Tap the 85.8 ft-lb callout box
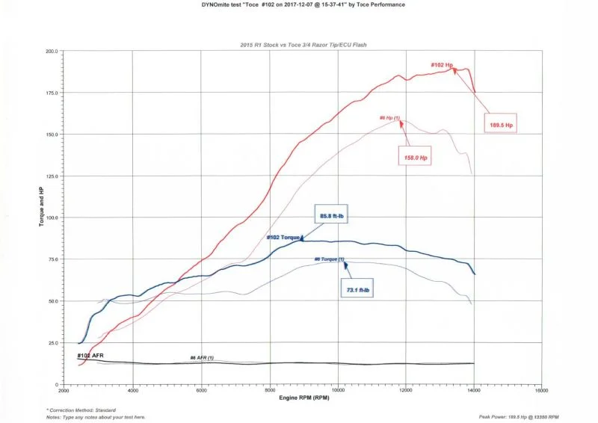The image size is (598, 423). (x=330, y=216)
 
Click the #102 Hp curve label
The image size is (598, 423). (x=443, y=65)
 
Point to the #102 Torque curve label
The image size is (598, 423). (x=283, y=238)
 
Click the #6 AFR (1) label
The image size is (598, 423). (x=202, y=358)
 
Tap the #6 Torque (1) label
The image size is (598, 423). (x=329, y=259)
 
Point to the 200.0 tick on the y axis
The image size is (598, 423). (x=52, y=51)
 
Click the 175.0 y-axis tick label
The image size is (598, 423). (x=52, y=93)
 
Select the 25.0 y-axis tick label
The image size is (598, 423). (x=53, y=342)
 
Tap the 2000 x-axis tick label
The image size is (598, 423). (x=64, y=390)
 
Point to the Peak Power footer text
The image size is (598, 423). (x=518, y=416)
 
